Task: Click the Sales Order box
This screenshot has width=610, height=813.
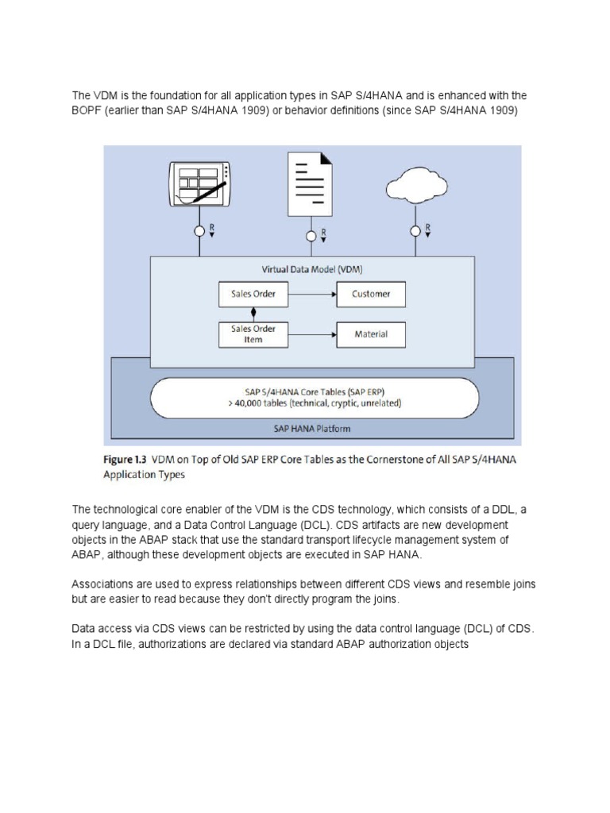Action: [x=253, y=295]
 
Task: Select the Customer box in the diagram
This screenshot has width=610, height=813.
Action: [x=371, y=295]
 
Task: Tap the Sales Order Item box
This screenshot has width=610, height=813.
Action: [x=253, y=334]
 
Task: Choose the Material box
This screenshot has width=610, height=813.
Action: [x=371, y=334]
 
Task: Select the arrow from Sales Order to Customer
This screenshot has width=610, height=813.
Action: [x=311, y=295]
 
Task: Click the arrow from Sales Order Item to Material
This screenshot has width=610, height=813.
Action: [x=311, y=334]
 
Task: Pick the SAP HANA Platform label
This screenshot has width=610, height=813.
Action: [x=311, y=429]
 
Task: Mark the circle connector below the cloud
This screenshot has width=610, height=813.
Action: [x=415, y=231]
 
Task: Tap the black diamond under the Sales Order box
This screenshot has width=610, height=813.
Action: [x=253, y=311]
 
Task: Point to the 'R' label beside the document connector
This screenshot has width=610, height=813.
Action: [x=322, y=233]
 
